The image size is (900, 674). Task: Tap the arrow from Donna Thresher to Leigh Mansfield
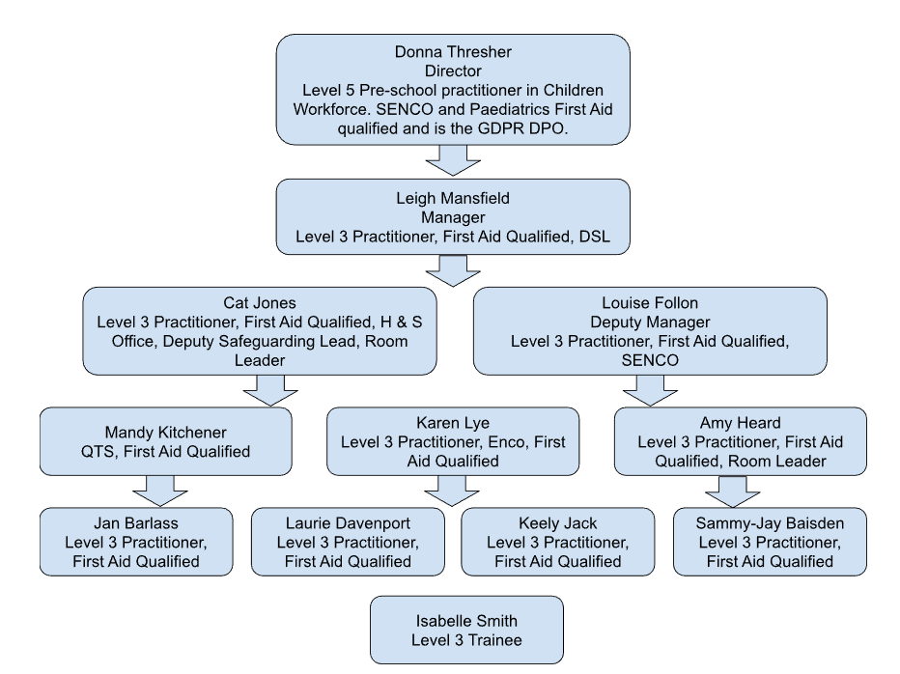pyautogui.click(x=453, y=158)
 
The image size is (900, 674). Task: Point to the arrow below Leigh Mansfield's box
pyautogui.click(x=453, y=267)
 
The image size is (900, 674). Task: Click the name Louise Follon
pyautogui.click(x=651, y=301)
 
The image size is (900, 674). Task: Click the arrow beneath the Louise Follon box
pyautogui.click(x=651, y=390)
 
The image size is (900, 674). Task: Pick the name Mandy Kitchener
pyautogui.click(x=165, y=431)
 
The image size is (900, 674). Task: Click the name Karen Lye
pyautogui.click(x=453, y=424)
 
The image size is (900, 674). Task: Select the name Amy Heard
pyautogui.click(x=739, y=424)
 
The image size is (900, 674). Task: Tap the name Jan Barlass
pyautogui.click(x=136, y=524)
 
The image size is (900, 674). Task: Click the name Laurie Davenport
pyautogui.click(x=348, y=524)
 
